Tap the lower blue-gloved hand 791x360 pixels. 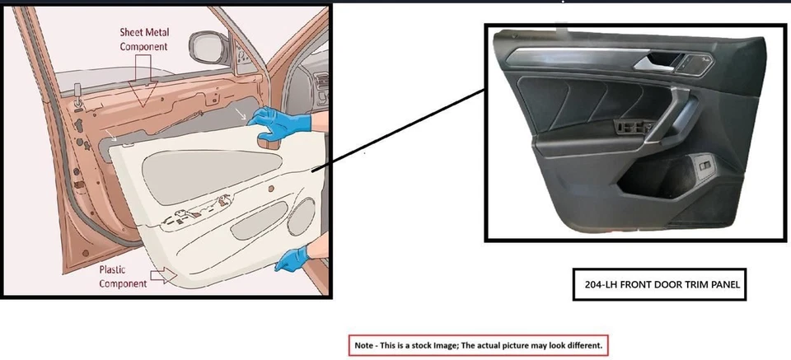[293, 259]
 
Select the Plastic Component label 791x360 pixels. [123, 277]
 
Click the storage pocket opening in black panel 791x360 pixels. [659, 181]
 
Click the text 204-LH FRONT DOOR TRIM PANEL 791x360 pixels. [660, 284]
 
